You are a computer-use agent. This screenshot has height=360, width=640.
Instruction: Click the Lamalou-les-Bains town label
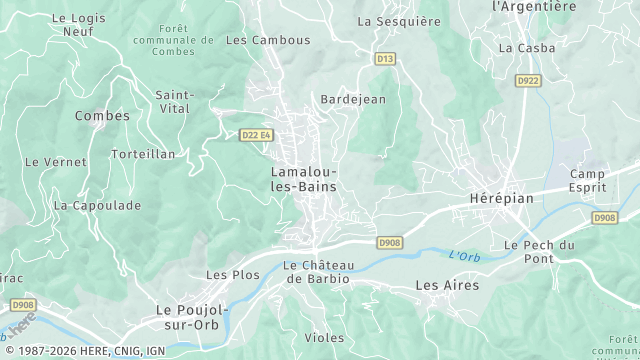[303, 179]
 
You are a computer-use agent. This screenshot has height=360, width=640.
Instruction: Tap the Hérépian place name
[501, 199]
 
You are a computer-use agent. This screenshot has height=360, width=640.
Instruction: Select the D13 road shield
[385, 59]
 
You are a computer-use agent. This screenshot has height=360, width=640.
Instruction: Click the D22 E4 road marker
[257, 135]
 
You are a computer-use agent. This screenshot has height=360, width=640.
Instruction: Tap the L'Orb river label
[464, 256]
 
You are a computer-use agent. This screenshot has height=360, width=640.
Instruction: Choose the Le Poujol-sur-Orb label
[192, 317]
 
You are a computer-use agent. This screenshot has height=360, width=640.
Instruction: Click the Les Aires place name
[447, 286]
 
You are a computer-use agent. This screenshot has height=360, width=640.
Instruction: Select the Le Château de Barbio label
[317, 272]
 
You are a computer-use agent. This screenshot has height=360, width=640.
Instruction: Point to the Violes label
[324, 338]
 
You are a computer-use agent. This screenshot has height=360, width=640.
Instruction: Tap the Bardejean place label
[353, 100]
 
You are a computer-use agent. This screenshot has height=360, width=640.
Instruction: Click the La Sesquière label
[398, 20]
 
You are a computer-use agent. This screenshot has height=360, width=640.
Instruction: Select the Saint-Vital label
[175, 102]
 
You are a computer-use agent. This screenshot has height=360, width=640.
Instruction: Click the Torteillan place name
[143, 154]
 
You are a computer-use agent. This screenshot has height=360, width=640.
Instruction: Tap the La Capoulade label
[97, 205]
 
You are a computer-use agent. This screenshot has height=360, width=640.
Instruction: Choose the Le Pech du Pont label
[539, 252]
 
